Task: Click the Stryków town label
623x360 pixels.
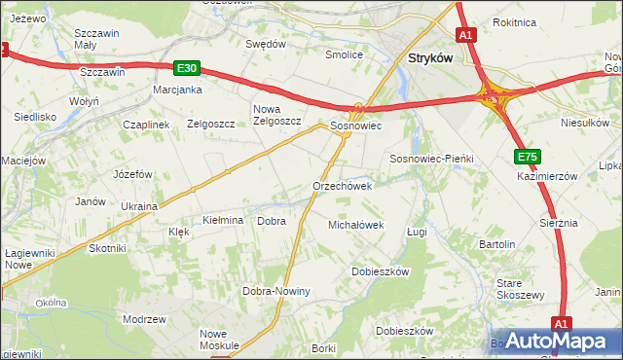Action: pyautogui.click(x=426, y=57)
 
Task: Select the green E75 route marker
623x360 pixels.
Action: pyautogui.click(x=528, y=156)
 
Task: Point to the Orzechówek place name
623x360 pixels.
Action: pyautogui.click(x=342, y=186)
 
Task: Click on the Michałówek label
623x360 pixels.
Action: pyautogui.click(x=355, y=225)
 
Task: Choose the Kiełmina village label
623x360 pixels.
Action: pyautogui.click(x=222, y=221)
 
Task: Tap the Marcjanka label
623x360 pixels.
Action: pyautogui.click(x=177, y=90)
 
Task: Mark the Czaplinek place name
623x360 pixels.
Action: pyautogui.click(x=146, y=125)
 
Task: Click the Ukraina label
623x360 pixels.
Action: pyautogui.click(x=139, y=207)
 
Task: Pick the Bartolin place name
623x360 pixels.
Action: pyautogui.click(x=495, y=243)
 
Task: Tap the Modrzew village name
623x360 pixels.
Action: pyautogui.click(x=144, y=319)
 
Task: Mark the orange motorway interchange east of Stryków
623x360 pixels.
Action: pyautogui.click(x=493, y=94)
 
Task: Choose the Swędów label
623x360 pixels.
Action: pyautogui.click(x=266, y=44)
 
